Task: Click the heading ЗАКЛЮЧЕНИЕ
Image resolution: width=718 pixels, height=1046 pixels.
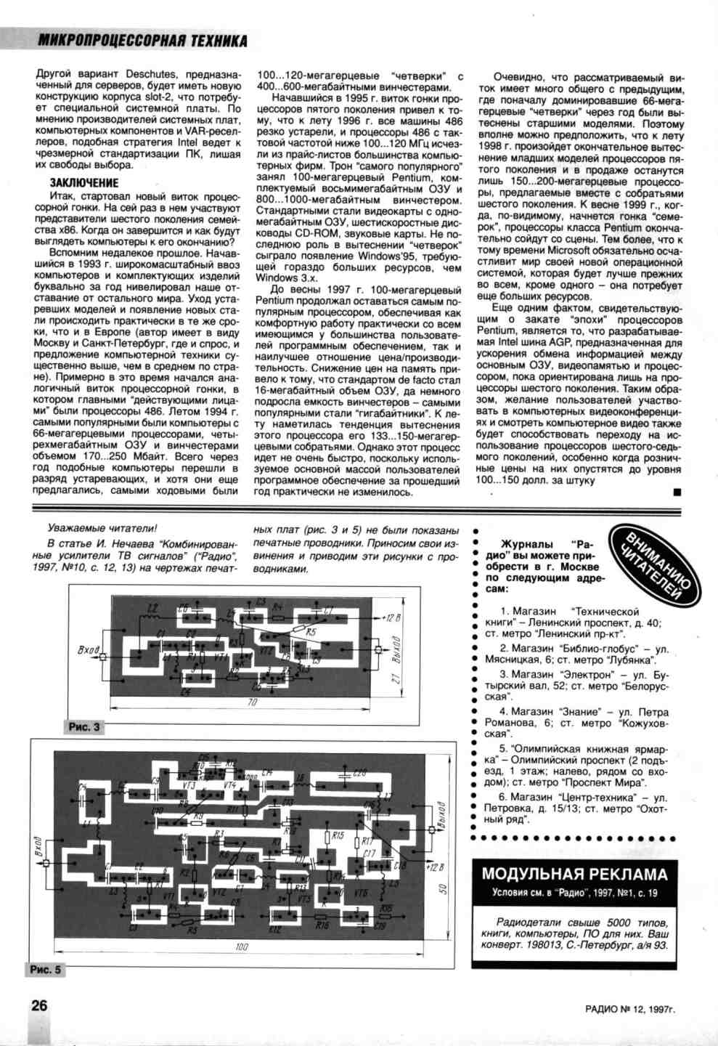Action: (83, 183)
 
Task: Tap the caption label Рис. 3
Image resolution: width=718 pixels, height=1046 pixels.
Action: (84, 726)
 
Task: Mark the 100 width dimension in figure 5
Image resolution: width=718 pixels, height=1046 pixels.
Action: (242, 946)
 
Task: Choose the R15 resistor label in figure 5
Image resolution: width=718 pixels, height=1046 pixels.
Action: (338, 836)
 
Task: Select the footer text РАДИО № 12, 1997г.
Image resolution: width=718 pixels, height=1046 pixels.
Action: (632, 1008)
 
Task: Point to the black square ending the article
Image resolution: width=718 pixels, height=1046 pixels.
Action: (677, 492)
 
